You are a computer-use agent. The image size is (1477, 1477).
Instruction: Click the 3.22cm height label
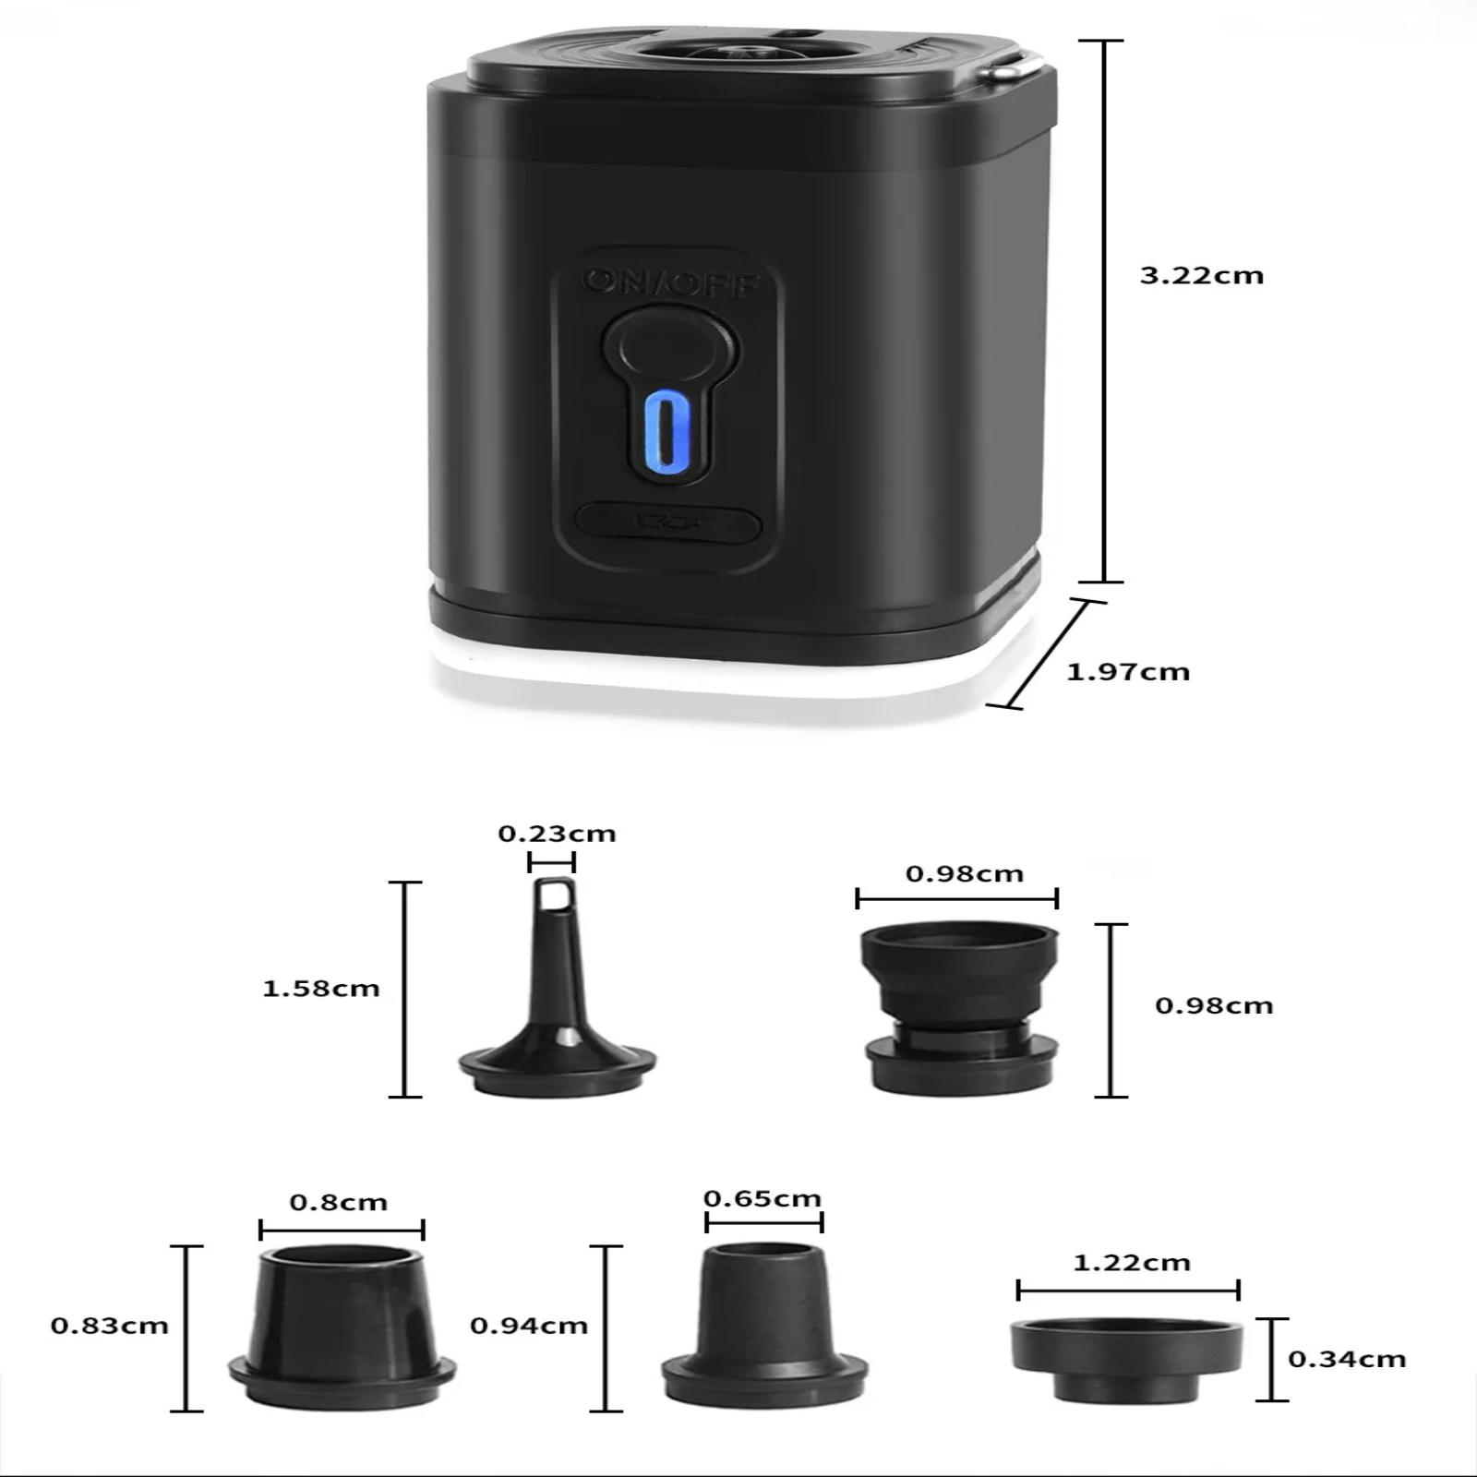tap(1201, 275)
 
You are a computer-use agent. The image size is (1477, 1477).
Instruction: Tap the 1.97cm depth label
tap(1128, 671)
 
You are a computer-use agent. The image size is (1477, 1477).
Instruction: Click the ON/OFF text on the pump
tap(670, 282)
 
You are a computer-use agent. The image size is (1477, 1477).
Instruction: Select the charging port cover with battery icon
tap(668, 523)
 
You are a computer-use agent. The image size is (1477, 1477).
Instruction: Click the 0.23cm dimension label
tap(557, 834)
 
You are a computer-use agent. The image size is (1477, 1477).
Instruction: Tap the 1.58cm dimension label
tap(321, 989)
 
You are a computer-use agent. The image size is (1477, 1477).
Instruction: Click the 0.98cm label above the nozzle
tap(965, 873)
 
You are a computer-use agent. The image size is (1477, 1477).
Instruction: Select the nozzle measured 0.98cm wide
tap(960, 1008)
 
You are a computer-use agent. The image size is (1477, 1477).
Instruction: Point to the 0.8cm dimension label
tap(339, 1202)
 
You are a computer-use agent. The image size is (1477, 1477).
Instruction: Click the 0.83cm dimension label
tap(110, 1326)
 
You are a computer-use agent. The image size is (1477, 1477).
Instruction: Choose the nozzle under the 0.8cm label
tap(342, 1327)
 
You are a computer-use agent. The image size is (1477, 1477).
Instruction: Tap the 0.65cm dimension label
tap(763, 1198)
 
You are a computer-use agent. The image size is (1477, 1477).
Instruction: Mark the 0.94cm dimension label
tap(529, 1326)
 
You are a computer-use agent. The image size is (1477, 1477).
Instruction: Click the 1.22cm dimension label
tap(1132, 1262)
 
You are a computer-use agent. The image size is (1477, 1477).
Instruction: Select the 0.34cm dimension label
tap(1347, 1359)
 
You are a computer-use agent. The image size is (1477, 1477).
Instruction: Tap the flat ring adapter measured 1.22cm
tap(1126, 1361)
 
